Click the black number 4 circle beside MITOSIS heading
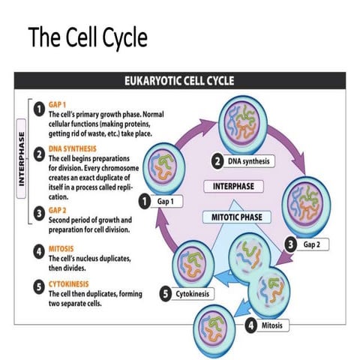tap(37, 250)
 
